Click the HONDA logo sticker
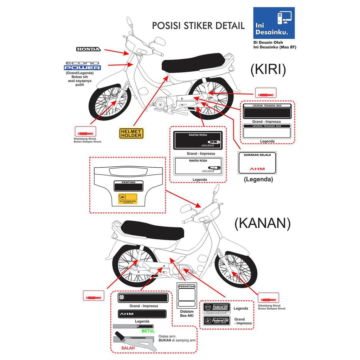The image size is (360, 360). pos(89,50)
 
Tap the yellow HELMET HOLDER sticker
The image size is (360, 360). pos(131,133)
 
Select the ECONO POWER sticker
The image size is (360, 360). pos(82,65)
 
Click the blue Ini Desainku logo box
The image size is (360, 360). pos(274,23)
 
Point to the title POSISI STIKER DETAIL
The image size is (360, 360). pos(198,26)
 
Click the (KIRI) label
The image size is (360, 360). pos(268,70)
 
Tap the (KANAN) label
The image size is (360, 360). pos(262,223)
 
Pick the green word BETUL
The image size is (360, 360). pos(148,331)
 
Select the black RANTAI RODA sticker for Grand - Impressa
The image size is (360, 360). pos(198,140)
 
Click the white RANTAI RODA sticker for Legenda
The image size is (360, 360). pos(197,166)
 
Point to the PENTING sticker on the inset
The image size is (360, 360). pos(128,185)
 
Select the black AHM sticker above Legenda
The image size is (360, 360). pos(142,313)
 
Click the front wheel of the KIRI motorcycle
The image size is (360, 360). pos(109,102)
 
